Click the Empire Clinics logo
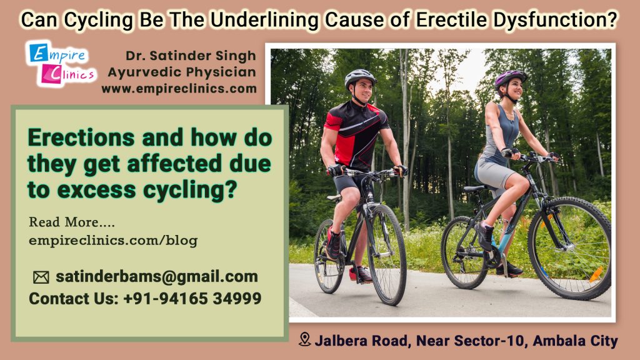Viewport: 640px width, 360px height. (61, 64)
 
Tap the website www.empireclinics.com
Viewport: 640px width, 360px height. (179, 89)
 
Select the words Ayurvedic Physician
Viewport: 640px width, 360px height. (182, 72)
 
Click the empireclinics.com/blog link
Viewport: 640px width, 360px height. (113, 240)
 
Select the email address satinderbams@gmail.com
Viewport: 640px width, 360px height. (156, 277)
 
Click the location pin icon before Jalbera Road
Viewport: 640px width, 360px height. (305, 340)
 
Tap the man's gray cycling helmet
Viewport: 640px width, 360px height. (360, 77)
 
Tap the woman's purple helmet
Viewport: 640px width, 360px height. (511, 78)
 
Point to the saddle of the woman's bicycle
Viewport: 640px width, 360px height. (475, 188)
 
